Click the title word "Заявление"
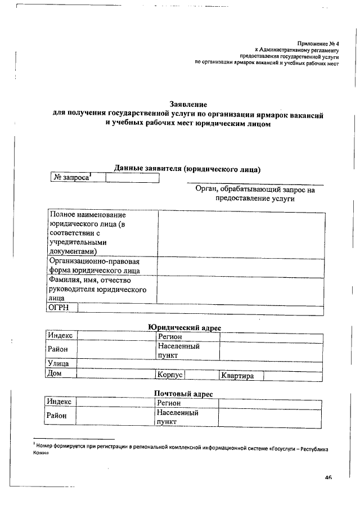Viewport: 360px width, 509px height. click(188, 104)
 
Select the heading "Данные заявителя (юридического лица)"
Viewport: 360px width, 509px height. click(187, 168)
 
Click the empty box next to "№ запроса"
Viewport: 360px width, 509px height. click(132, 178)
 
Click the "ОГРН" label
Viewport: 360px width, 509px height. click(58, 308)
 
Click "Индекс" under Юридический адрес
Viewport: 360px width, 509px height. click(60, 335)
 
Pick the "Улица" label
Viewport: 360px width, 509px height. click(58, 364)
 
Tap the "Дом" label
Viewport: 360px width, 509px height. click(55, 373)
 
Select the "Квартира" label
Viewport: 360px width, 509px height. click(238, 376)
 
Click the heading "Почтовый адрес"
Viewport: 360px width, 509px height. click(183, 394)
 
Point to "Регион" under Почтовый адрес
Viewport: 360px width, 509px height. click(169, 403)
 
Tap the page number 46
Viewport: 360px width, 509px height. click(328, 478)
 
